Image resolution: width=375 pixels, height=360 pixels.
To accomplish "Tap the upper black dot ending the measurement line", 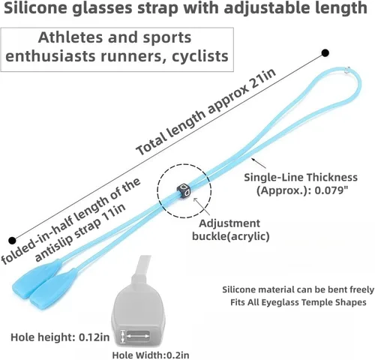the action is pos(325,53).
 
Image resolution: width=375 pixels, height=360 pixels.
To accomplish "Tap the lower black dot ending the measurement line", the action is pos(12,241).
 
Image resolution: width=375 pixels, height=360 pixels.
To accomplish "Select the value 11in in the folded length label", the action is pos(113,213).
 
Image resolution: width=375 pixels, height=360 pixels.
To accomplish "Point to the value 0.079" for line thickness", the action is pos(331,190).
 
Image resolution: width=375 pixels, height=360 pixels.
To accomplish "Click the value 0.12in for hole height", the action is pos(94,337).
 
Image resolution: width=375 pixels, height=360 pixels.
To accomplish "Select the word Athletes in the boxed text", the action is pos(70,37).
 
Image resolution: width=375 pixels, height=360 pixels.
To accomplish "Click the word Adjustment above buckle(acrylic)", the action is pos(229,223).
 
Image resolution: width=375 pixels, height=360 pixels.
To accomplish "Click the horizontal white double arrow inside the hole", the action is pos(138,337).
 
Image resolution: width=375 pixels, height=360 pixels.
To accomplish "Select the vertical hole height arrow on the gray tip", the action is pos(122,337).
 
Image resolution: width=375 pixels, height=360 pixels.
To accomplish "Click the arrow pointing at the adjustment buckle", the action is pos(202,205).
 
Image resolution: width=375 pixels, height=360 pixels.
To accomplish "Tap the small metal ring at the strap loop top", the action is pos(346,70).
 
